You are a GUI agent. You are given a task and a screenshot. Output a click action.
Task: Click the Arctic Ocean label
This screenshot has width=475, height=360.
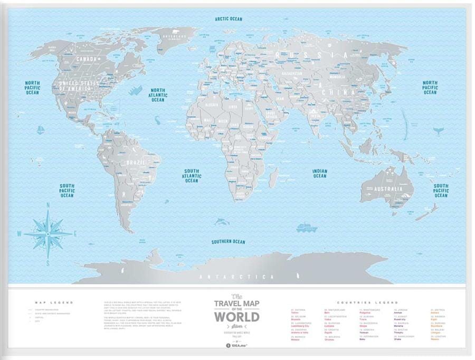click(229, 19)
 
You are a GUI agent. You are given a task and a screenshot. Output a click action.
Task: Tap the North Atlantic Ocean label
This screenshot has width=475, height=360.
click(158, 95)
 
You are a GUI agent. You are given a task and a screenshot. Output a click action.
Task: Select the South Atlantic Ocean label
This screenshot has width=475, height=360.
click(191, 176)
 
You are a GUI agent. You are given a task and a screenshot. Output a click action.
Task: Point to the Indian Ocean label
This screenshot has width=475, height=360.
click(320, 174)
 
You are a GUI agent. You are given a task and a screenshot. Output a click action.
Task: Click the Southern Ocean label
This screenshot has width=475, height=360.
click(229, 242)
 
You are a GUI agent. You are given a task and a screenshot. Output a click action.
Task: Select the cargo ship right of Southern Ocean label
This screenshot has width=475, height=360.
click(306, 228)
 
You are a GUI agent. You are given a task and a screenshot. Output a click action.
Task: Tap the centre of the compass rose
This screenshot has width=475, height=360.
click(48, 233)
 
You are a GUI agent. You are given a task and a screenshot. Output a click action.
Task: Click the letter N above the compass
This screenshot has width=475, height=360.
click(47, 205)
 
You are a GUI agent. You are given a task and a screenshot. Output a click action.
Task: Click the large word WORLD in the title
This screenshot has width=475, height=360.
click(236, 317)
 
